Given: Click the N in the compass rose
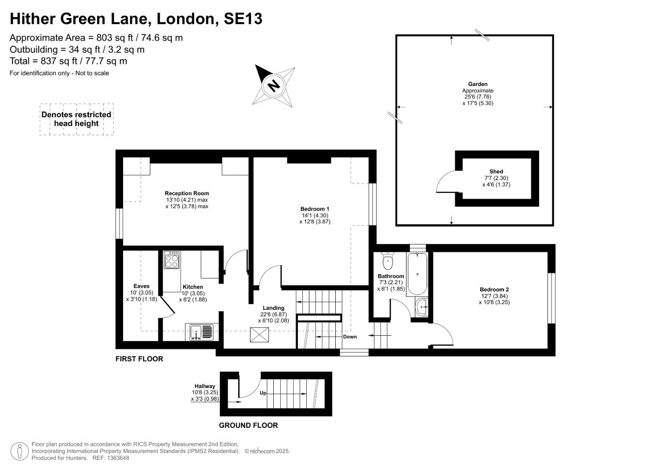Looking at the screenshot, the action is click(x=273, y=86).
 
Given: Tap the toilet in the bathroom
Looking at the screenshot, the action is click(x=388, y=261).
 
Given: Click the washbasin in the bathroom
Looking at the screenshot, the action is click(x=422, y=307).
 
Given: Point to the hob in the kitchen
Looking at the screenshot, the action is click(x=172, y=260).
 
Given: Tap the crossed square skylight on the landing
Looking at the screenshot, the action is click(x=259, y=334).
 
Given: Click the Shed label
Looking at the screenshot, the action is click(x=496, y=172).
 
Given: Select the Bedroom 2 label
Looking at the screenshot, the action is click(x=494, y=289).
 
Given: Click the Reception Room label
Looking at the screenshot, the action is click(x=187, y=193).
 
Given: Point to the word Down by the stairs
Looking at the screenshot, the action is click(x=350, y=337).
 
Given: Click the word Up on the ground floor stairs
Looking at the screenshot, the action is click(x=263, y=393).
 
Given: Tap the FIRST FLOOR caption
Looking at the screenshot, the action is click(x=139, y=359).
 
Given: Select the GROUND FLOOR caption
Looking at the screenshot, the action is click(x=248, y=425).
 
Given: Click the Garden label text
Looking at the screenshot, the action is click(x=478, y=84).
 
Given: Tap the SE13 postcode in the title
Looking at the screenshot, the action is click(x=243, y=18).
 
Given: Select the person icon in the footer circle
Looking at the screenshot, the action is click(x=20, y=451).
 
